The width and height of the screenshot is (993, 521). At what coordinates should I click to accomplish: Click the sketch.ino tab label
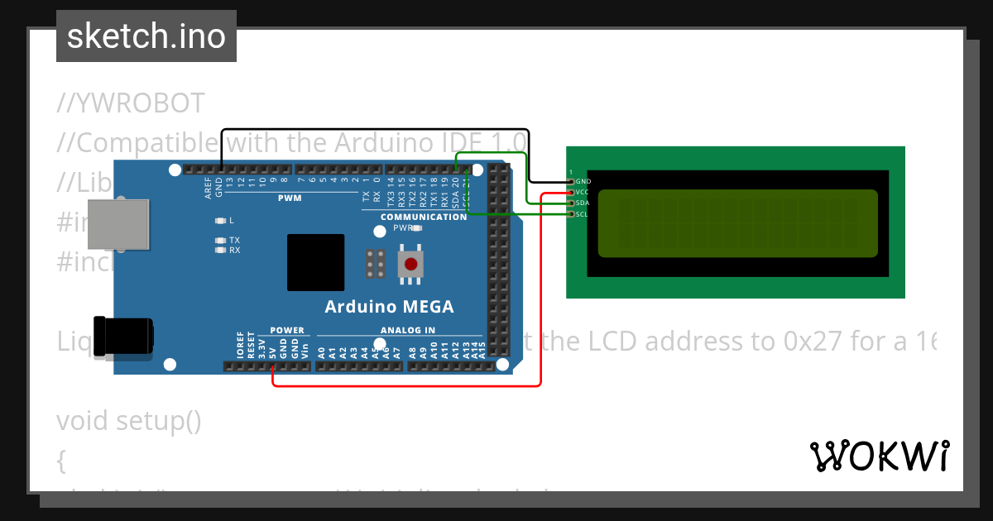point(146,36)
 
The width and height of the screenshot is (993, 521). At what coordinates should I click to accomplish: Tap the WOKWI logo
point(879,456)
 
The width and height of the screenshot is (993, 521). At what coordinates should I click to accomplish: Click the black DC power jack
point(124,336)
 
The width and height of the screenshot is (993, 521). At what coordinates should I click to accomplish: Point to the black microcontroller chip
point(315,262)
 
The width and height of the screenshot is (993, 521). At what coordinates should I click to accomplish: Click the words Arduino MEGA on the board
point(389,307)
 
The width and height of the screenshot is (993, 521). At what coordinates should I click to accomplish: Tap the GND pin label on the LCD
point(583,181)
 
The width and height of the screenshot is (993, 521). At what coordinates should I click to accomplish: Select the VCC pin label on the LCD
point(582,192)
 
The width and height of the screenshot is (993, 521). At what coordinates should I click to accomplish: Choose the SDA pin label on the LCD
point(582,203)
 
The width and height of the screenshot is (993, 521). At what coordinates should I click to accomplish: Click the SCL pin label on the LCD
point(582,214)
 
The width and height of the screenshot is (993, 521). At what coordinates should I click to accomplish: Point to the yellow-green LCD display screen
point(736,223)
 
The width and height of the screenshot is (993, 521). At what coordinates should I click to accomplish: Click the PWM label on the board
point(290,198)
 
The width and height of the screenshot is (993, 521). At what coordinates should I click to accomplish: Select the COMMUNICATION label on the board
point(424,217)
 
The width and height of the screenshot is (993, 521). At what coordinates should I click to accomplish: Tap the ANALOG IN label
point(407,330)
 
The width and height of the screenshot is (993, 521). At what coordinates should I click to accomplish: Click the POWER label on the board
point(287,330)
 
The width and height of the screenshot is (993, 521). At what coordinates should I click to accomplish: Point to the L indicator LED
point(220,221)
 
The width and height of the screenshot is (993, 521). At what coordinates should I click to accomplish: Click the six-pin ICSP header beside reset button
point(374,264)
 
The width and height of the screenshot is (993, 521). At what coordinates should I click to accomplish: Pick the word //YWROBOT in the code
point(131,103)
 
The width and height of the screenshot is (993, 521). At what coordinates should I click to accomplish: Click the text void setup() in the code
point(128,421)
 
